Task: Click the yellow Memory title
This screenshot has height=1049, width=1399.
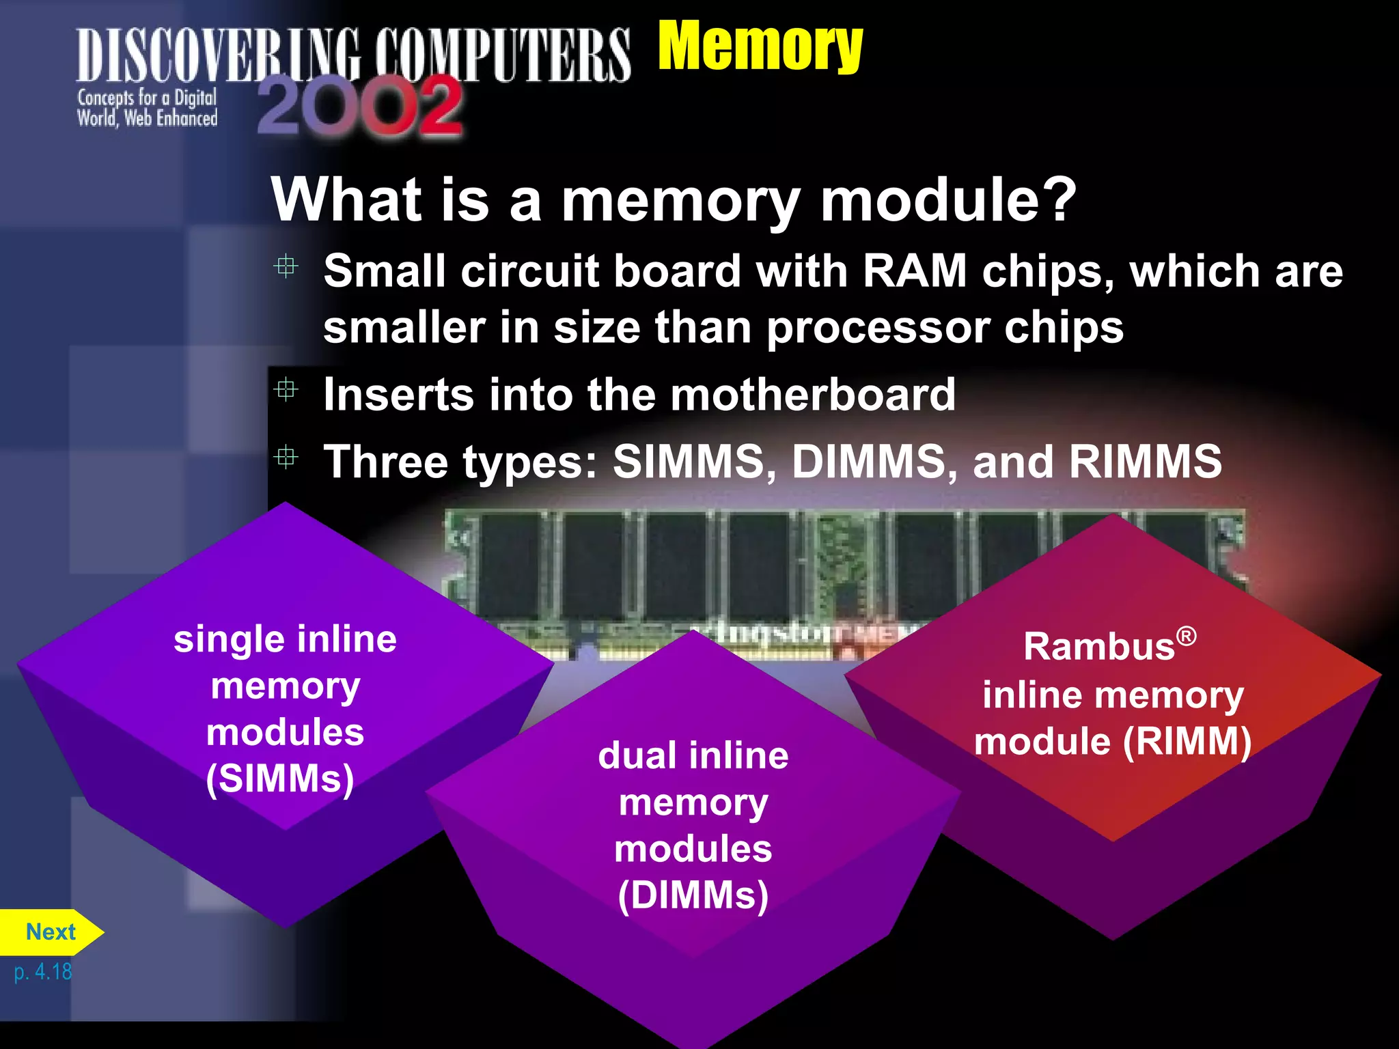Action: (x=760, y=46)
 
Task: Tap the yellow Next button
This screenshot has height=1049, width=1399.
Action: (x=51, y=932)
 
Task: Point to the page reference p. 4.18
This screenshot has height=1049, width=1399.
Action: (x=42, y=971)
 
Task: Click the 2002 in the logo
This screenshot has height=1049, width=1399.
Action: (x=360, y=106)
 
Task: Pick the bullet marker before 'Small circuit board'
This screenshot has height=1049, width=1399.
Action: (x=286, y=266)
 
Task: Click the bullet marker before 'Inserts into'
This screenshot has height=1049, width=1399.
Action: (x=286, y=390)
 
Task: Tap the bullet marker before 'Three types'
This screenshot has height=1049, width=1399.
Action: (x=286, y=456)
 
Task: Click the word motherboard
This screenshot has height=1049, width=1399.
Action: (x=812, y=394)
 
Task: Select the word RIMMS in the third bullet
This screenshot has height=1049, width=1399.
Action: (x=1146, y=461)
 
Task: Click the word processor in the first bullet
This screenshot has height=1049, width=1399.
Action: (x=878, y=328)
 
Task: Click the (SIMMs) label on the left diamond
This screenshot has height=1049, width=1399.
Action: (x=280, y=778)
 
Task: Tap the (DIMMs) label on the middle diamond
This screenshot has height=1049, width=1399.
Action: (x=693, y=895)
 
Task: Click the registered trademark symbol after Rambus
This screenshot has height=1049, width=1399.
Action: (x=1187, y=637)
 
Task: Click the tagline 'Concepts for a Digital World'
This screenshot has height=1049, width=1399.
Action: (x=147, y=108)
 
